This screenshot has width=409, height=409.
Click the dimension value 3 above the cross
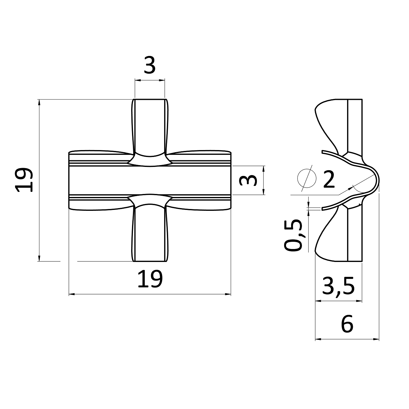tap(150, 65)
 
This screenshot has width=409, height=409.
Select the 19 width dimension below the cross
tap(150, 279)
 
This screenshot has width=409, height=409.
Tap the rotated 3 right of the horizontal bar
tap(248, 180)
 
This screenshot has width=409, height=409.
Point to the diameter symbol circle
tap(307, 179)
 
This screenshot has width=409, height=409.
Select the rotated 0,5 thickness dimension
tap(293, 235)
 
